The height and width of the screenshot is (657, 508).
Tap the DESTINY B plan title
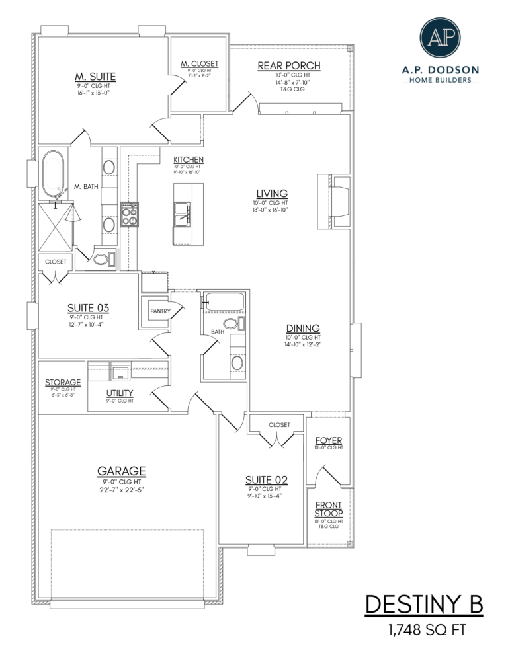[x=424, y=603]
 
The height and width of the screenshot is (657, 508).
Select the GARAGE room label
[x=121, y=471]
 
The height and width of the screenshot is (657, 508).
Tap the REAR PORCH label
[x=288, y=66]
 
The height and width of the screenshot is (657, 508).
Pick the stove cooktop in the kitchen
[x=130, y=214]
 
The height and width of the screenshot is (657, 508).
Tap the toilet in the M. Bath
[x=103, y=260]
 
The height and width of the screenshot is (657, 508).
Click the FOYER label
[x=329, y=440]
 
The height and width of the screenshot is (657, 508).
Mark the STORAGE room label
[x=63, y=382]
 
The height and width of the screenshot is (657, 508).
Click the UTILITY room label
[x=120, y=393]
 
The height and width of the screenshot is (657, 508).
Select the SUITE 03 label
[x=88, y=308]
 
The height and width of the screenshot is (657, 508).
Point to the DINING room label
[x=303, y=328]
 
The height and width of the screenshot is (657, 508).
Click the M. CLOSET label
[x=199, y=63]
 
